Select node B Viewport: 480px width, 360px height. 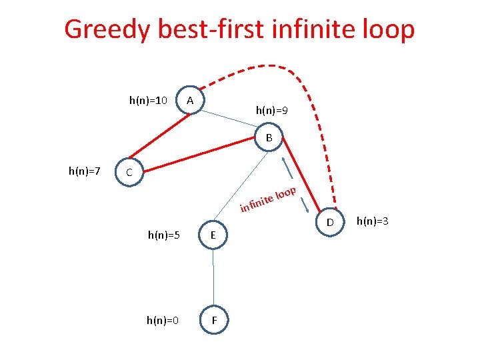pyautogui.click(x=269, y=138)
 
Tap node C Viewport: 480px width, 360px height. pyautogui.click(x=129, y=173)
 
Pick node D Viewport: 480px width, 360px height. pyautogui.click(x=329, y=220)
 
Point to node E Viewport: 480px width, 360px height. pyautogui.click(x=212, y=235)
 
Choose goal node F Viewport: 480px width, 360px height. pyautogui.click(x=213, y=321)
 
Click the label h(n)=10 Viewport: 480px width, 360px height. pyautogui.click(x=147, y=100)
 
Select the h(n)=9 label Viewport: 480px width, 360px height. pyautogui.click(x=272, y=110)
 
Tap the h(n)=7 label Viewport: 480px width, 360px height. pyautogui.click(x=85, y=171)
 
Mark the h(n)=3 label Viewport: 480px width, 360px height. pyautogui.click(x=373, y=220)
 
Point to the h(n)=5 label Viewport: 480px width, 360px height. pyautogui.click(x=164, y=235)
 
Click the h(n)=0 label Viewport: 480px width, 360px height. pyautogui.click(x=163, y=321)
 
